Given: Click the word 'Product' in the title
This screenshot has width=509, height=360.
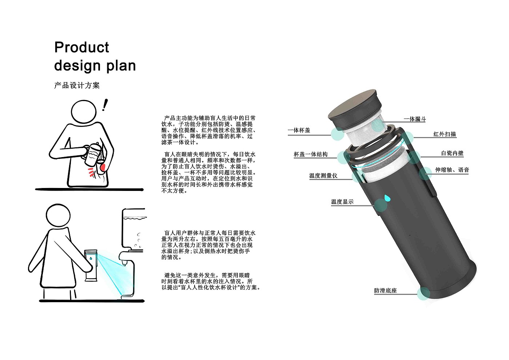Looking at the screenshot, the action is [x=81, y=47].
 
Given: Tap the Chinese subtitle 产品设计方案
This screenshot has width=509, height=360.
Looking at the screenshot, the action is [x=77, y=85].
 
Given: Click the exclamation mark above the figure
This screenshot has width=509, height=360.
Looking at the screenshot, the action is [x=105, y=105].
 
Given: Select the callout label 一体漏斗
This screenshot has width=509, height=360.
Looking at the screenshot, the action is [x=414, y=119].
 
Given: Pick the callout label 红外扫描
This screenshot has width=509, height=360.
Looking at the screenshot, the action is [x=444, y=134].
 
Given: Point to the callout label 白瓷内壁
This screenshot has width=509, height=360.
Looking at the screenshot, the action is [x=452, y=153].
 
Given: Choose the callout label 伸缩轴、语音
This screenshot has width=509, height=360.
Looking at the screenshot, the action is [x=452, y=170].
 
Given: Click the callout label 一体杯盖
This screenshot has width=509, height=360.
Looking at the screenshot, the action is [x=299, y=130].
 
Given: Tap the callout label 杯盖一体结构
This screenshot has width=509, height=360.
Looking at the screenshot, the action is [x=310, y=154].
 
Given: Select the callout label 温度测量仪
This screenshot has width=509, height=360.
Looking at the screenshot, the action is [x=323, y=176].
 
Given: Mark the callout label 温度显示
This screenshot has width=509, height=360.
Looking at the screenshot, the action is [x=342, y=202].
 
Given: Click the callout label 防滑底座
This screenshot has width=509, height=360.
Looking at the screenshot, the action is [x=385, y=291].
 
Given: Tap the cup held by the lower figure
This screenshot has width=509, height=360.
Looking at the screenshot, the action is [x=90, y=265].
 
